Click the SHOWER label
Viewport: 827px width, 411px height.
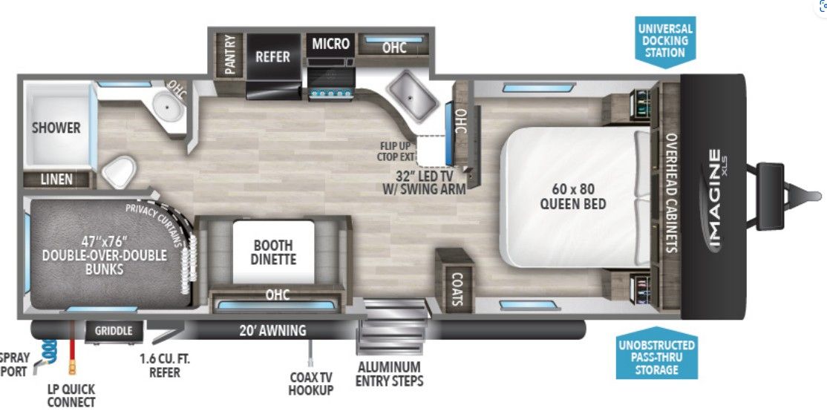[x=56, y=128]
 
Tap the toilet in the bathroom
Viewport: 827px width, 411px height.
[x=119, y=171]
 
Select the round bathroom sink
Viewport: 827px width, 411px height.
[x=169, y=106]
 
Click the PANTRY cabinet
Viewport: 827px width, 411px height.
[x=229, y=56]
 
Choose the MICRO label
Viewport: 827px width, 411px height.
[x=330, y=44]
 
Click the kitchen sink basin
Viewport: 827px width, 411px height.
[x=411, y=95]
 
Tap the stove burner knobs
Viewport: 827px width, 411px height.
[x=331, y=93]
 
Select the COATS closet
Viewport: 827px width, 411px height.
[x=454, y=280]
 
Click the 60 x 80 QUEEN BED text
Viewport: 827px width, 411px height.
[x=572, y=197]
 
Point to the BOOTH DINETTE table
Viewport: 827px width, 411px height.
[x=273, y=252]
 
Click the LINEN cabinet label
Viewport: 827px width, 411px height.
[x=57, y=180]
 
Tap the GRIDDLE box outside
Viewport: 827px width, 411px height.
[x=114, y=332]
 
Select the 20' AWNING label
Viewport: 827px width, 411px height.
[x=272, y=330]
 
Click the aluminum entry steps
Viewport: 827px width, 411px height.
[x=393, y=326]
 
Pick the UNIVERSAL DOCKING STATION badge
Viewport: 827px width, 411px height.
[x=666, y=41]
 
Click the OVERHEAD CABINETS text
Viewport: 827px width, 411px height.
[x=671, y=192]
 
